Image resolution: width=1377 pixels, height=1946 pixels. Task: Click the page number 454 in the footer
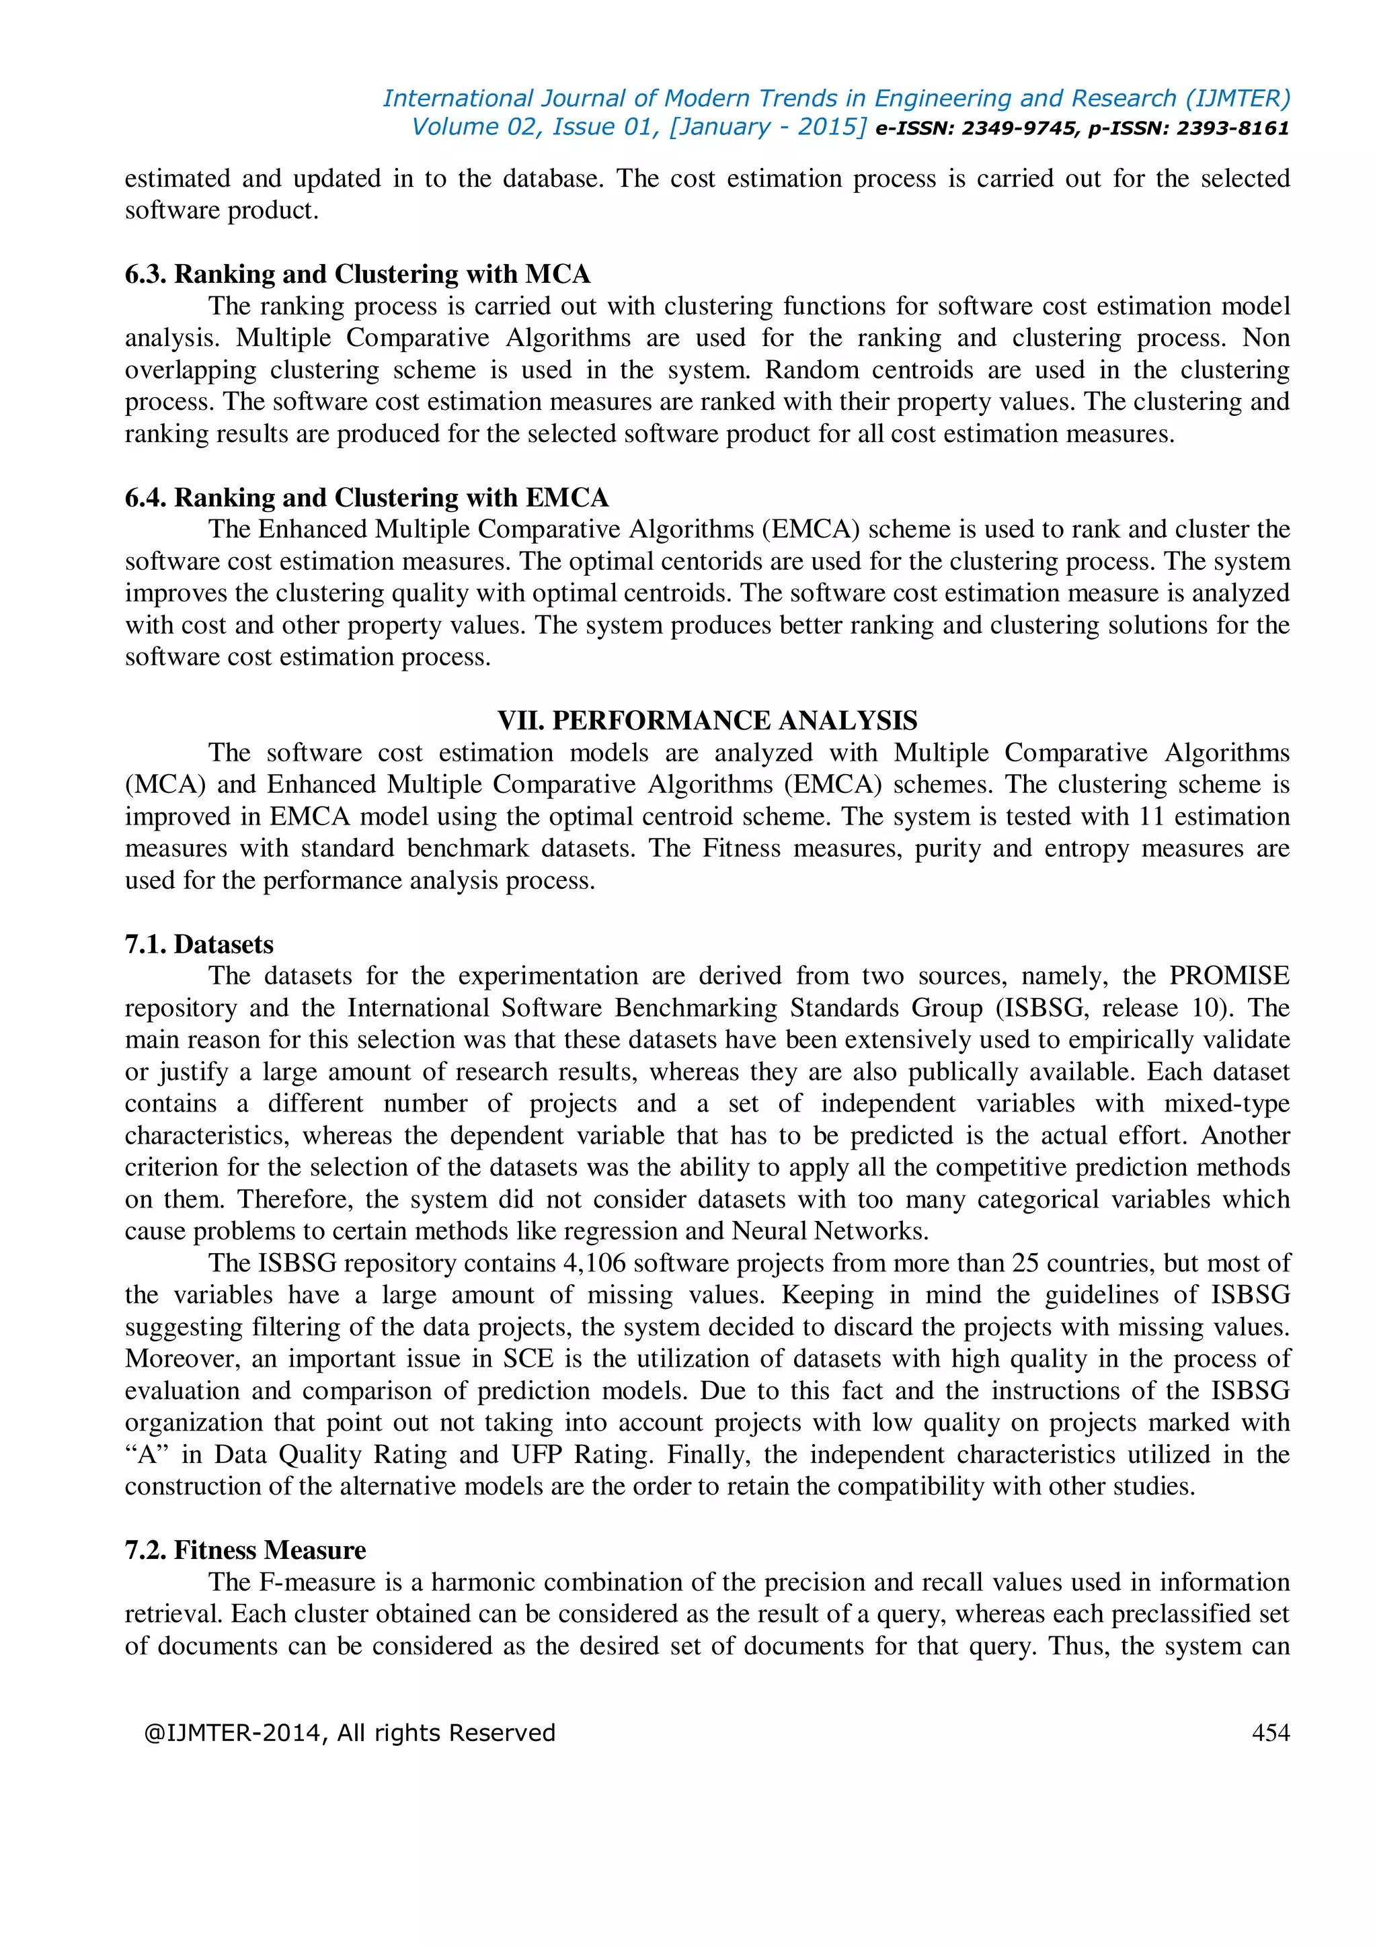[1270, 1732]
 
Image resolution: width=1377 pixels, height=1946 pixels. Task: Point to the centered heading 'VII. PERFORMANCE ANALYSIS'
[707, 720]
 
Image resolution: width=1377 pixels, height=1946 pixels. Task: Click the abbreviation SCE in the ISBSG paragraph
[528, 1359]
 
